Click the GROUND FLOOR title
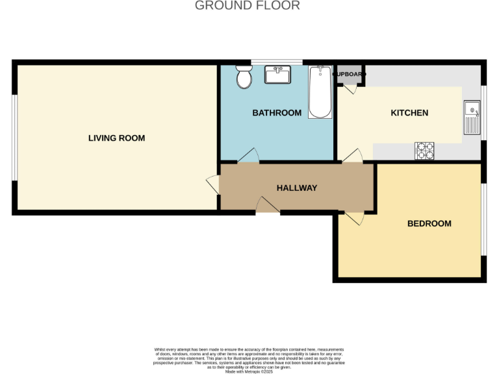tap(248, 6)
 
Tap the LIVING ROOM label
tap(116, 138)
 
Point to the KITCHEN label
tap(409, 113)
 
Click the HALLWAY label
tap(297, 188)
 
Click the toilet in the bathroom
tap(244, 77)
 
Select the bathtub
tap(320, 92)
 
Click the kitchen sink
tap(471, 116)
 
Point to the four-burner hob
tap(424, 151)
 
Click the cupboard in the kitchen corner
tap(350, 75)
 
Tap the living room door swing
tap(212, 183)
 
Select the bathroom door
tap(249, 156)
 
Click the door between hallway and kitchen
tap(353, 156)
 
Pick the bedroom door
tap(355, 218)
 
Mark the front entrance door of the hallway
tap(267, 206)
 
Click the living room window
tap(14, 136)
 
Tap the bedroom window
tap(483, 219)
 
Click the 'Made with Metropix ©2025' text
tap(249, 371)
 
